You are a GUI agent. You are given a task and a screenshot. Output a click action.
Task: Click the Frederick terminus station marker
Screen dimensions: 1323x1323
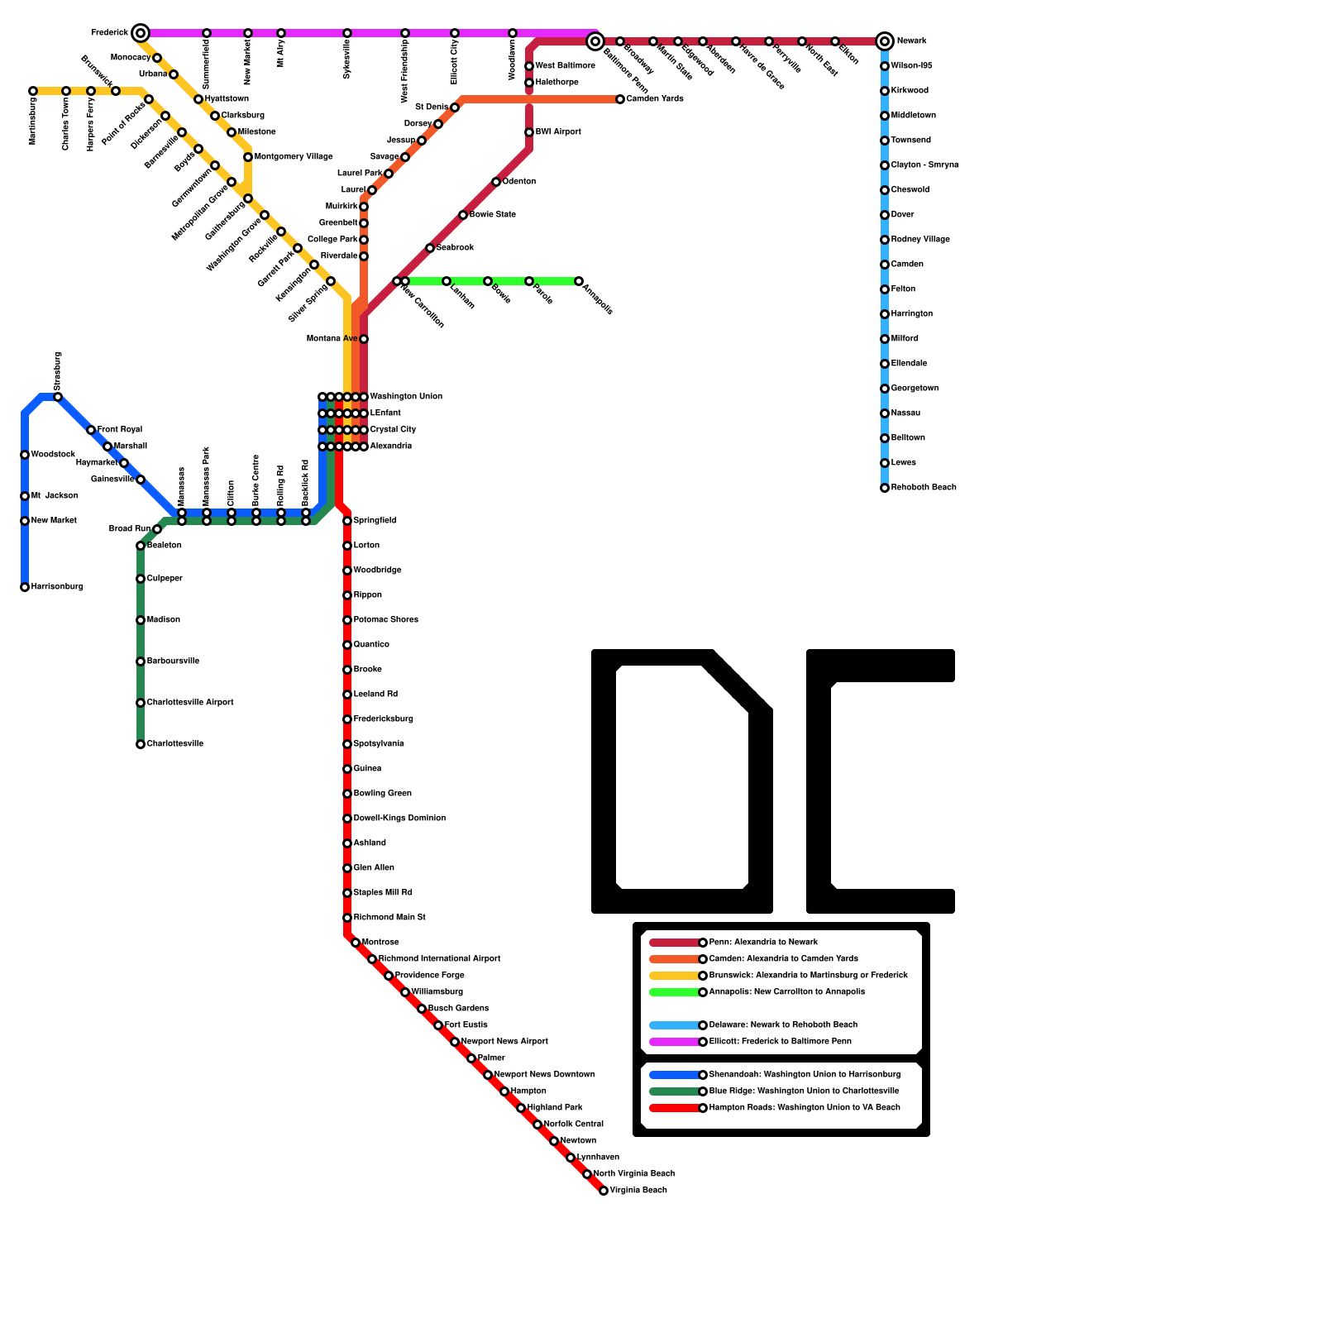coord(141,33)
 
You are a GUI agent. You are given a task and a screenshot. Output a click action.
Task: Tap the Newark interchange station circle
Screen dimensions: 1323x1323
coord(885,41)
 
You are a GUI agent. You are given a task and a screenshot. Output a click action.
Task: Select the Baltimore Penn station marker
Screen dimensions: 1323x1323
coord(595,41)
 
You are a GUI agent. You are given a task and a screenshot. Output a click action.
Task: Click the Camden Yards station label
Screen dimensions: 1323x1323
coord(655,99)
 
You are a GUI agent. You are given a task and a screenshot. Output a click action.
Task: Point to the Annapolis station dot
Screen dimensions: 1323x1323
coord(579,281)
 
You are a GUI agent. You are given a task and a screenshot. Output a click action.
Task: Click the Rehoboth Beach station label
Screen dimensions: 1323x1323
coord(923,488)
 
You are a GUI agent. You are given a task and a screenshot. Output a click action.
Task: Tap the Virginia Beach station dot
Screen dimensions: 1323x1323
coord(604,1191)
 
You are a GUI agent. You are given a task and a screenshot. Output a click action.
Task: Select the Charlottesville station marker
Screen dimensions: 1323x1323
coord(141,744)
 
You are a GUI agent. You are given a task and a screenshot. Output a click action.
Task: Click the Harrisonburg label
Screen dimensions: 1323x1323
coord(57,587)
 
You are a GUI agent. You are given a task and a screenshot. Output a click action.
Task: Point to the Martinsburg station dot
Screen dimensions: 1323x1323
coord(33,91)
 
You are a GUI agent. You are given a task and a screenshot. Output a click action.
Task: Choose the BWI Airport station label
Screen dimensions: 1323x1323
coord(558,132)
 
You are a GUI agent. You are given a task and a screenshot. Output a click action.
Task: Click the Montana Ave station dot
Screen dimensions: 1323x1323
coord(364,339)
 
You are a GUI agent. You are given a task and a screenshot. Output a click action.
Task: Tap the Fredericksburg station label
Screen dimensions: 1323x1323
coord(383,719)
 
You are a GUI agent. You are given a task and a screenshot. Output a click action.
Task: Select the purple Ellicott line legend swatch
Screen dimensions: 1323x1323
coord(675,1042)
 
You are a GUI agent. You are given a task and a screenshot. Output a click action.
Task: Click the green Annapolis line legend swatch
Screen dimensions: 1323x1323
coord(675,992)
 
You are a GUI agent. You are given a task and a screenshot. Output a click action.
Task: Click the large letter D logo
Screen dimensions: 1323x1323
coord(682,781)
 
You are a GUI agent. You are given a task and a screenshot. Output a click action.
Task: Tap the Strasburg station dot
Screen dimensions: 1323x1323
coord(58,397)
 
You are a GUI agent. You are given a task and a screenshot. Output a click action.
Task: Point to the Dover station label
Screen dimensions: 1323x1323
coord(902,215)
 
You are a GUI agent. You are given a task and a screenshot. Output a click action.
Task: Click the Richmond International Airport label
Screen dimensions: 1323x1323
coord(439,959)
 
